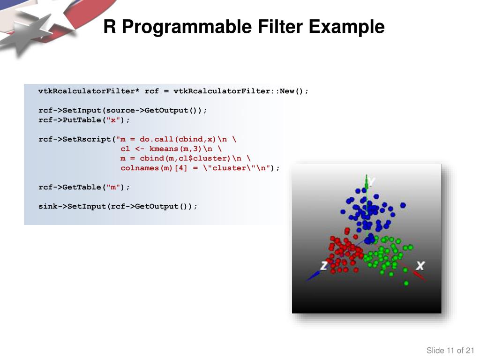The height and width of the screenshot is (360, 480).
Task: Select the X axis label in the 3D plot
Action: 420,266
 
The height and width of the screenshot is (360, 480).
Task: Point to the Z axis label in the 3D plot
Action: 323,266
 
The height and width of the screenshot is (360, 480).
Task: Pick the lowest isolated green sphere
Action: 406,283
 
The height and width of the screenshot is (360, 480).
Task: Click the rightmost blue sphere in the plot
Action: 403,205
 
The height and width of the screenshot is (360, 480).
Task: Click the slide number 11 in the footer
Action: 451,351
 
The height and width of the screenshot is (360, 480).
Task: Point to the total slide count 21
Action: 470,351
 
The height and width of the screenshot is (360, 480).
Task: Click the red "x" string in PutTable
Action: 112,120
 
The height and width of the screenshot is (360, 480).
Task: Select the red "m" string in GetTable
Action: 112,187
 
